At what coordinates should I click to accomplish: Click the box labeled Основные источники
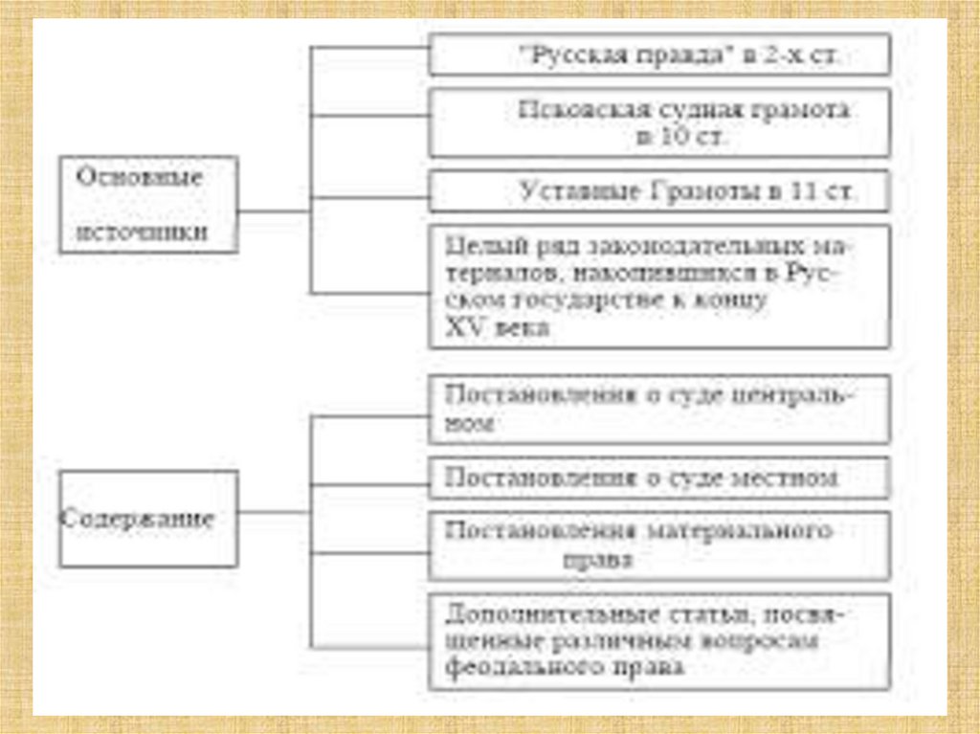(x=148, y=204)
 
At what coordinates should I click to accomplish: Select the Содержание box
(x=148, y=519)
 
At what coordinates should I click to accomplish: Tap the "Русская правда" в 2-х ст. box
(x=659, y=56)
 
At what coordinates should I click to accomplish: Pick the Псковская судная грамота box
(x=659, y=122)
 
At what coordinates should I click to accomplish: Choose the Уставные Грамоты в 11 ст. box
(x=659, y=191)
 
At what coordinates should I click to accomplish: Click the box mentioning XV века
(x=659, y=286)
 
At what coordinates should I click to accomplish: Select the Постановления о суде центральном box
(x=659, y=409)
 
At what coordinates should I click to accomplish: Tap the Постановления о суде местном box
(x=659, y=477)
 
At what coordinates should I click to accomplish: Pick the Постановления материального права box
(x=659, y=545)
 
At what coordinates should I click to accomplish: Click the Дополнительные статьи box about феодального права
(x=659, y=640)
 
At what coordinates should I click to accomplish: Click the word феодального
(x=509, y=668)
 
